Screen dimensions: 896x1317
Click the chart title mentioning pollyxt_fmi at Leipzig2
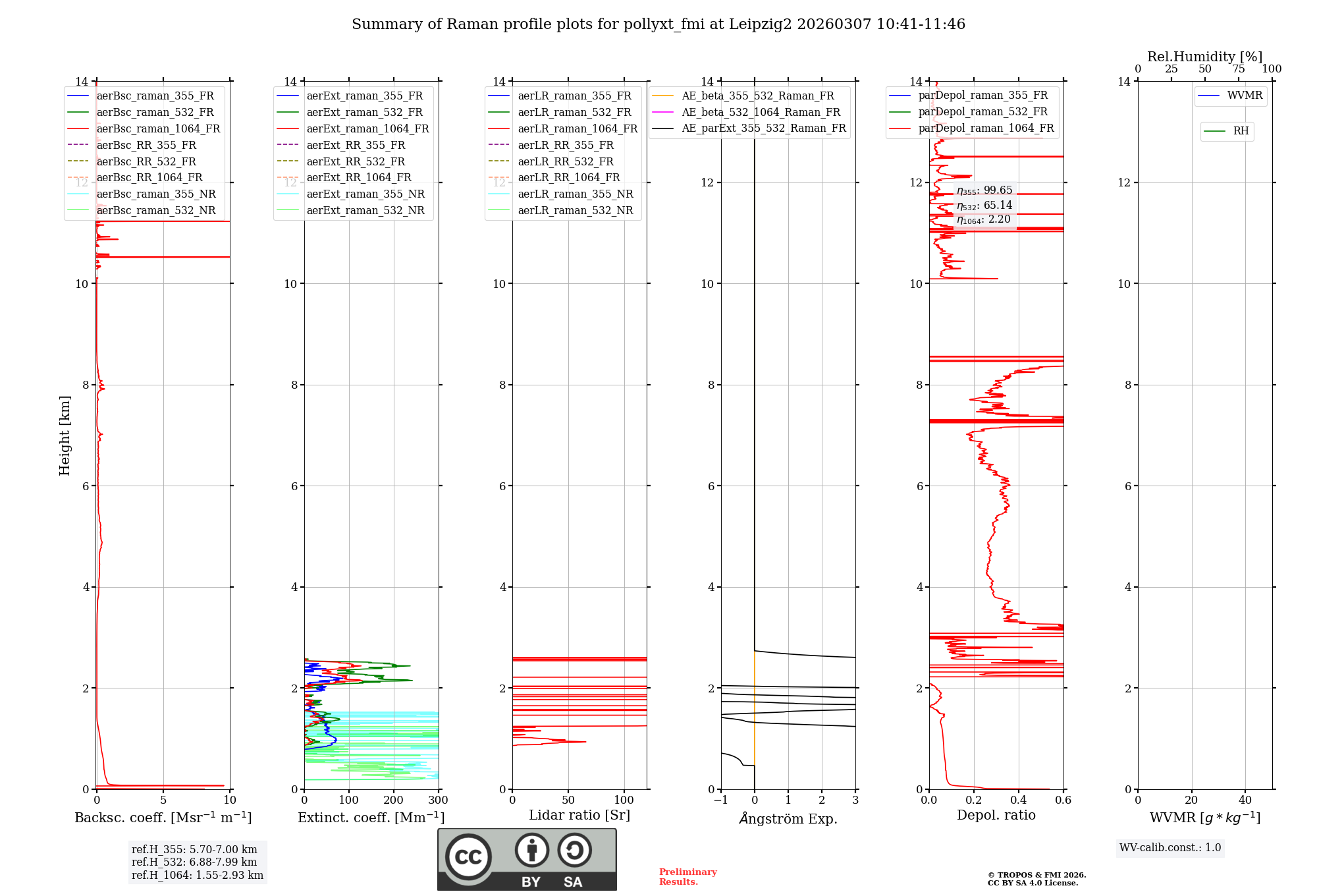(x=658, y=24)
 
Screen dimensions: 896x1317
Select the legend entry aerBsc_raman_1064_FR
(x=158, y=128)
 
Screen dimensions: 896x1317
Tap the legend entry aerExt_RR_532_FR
(x=356, y=161)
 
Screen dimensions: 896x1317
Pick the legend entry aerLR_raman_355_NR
(x=575, y=194)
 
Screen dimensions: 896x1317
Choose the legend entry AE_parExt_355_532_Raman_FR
(x=763, y=128)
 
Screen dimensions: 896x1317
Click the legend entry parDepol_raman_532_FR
(x=982, y=111)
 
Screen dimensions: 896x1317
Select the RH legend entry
(x=1241, y=131)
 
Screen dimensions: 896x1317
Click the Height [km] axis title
(x=65, y=435)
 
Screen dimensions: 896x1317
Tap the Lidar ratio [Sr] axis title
(x=579, y=815)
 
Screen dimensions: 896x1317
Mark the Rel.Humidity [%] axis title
(x=1204, y=57)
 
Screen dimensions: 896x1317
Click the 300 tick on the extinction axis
(x=438, y=800)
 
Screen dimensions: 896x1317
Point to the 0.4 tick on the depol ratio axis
(x=1019, y=800)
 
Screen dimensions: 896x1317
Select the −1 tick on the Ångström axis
(x=720, y=800)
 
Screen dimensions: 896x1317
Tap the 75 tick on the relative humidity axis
(x=1238, y=69)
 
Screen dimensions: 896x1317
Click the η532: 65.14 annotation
(x=984, y=206)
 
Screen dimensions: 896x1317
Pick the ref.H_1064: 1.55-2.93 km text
(x=198, y=875)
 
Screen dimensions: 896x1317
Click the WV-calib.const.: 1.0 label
(x=1170, y=848)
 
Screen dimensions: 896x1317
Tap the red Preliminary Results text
(x=687, y=877)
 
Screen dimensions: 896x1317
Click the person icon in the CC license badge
(x=531, y=851)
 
